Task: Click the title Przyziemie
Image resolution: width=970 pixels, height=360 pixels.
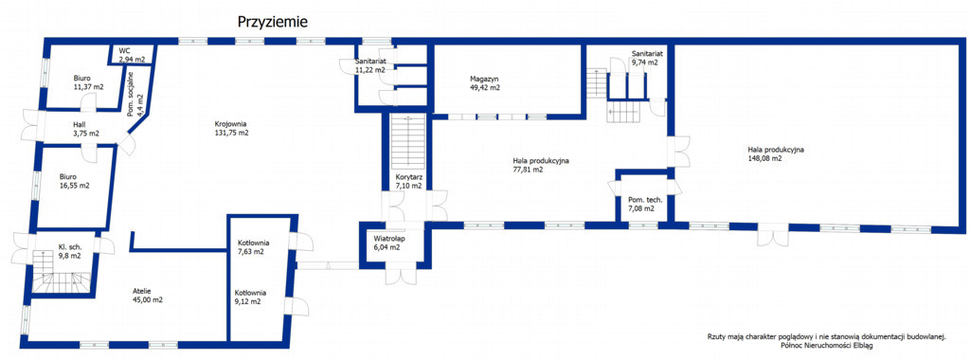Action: [x=273, y=23]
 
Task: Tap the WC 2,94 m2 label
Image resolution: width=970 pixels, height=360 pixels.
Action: [x=132, y=54]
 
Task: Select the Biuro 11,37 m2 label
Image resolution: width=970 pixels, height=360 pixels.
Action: [x=88, y=82]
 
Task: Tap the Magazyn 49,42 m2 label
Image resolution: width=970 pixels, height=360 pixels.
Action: [x=484, y=82]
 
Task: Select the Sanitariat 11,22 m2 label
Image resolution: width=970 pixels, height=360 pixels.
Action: [x=370, y=65]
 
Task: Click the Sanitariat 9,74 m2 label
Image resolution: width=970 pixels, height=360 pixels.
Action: [x=644, y=58]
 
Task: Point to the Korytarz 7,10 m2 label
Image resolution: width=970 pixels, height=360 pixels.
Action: [x=409, y=181]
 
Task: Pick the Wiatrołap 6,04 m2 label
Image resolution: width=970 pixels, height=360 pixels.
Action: [x=388, y=243]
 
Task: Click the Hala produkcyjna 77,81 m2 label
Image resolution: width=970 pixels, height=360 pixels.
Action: [x=540, y=165]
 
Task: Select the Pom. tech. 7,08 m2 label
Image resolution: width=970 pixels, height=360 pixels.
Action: [x=646, y=204]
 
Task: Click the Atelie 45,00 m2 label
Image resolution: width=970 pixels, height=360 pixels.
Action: [x=147, y=295]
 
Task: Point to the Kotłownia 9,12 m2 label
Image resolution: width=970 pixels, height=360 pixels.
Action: [x=250, y=297]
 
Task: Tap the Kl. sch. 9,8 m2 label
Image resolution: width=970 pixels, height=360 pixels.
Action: [x=70, y=250]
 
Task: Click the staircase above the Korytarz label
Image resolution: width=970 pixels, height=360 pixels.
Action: [x=407, y=143]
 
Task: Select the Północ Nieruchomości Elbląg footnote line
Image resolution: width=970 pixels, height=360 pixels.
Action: [x=827, y=346]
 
